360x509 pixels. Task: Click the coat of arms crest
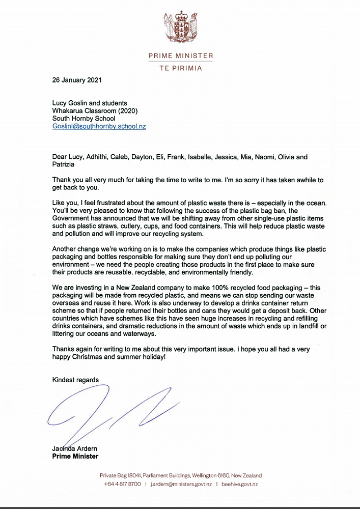coord(180,26)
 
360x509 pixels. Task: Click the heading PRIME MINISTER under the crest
coord(180,55)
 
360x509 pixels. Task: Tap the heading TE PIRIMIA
coord(180,68)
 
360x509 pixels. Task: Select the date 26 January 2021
coord(76,80)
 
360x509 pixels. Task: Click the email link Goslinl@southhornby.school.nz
coord(99,126)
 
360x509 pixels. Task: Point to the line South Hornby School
coord(84,119)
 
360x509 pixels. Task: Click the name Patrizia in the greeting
coord(64,165)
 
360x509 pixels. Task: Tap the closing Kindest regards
coord(75,380)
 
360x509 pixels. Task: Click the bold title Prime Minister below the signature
coord(75,456)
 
